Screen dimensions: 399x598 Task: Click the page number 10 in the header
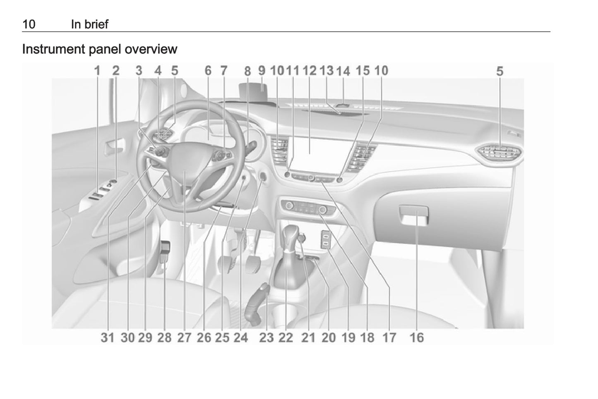click(29, 24)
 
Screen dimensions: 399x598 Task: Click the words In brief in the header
click(89, 24)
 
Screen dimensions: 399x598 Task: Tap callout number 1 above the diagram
click(97, 71)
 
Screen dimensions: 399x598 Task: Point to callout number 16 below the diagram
click(417, 338)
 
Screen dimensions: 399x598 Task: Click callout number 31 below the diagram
click(107, 338)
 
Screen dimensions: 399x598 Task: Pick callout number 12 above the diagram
click(309, 71)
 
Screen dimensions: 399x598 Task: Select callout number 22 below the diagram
click(286, 338)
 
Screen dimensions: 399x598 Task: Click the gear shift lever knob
click(292, 234)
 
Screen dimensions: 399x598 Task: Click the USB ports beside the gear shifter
click(326, 240)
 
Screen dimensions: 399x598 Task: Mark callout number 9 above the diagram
click(262, 71)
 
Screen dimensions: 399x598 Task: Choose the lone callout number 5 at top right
click(500, 72)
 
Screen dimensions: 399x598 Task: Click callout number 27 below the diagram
click(184, 338)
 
